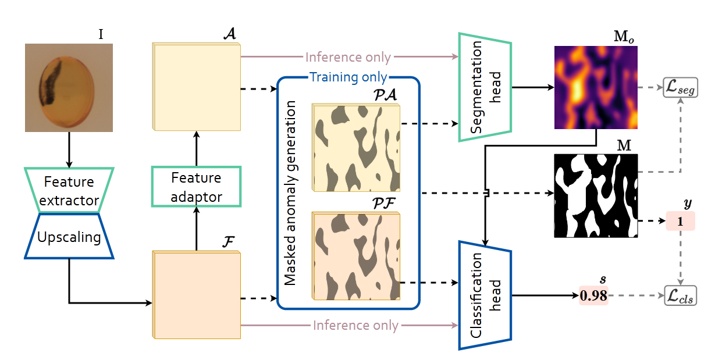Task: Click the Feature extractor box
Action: pos(69,190)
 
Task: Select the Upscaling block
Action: pos(69,236)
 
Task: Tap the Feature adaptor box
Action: pos(196,187)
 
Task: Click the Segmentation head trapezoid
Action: pos(485,87)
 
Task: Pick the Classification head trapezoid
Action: pos(485,295)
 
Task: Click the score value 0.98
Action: pos(594,295)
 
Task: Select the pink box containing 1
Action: pos(680,221)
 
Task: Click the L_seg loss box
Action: pos(681,87)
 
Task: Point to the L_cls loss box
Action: pos(681,295)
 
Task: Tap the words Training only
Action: pos(348,77)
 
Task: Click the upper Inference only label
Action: pos(348,58)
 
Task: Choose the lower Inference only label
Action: pos(355,326)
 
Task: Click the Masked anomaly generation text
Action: pos(290,193)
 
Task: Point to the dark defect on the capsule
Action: pos(49,84)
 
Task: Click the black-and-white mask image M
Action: pos(596,196)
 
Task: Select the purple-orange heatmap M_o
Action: pos(596,87)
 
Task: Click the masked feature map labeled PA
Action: pos(356,148)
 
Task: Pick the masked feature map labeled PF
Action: pos(356,256)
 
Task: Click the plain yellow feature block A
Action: pos(196,87)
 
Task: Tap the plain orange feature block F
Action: pos(196,295)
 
